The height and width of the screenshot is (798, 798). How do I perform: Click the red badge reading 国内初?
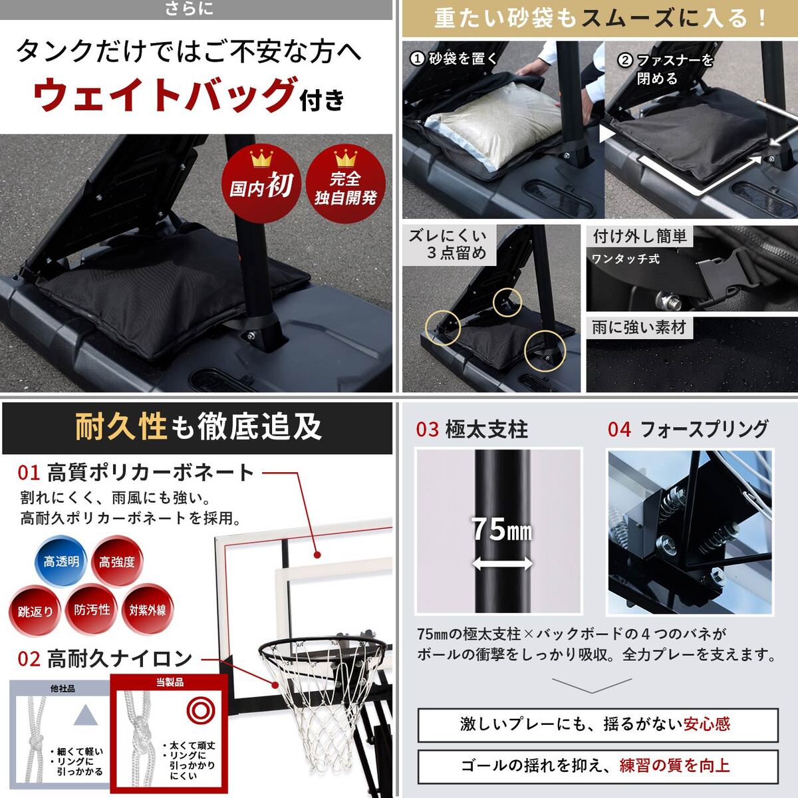(x=261, y=184)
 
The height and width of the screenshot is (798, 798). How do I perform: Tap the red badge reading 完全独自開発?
(x=345, y=184)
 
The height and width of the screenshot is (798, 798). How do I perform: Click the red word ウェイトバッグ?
(x=164, y=94)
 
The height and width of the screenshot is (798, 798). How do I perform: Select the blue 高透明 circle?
(x=61, y=561)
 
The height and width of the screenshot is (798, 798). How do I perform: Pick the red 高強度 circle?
(x=117, y=561)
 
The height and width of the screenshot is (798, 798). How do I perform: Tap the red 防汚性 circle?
(x=92, y=610)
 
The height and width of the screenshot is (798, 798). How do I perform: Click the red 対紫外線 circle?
(x=148, y=610)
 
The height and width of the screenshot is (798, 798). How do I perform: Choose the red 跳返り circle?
(x=36, y=611)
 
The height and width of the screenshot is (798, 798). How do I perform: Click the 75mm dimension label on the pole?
(x=501, y=529)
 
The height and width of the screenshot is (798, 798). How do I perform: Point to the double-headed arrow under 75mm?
(x=502, y=563)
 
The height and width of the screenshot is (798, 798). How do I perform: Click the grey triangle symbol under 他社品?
(x=85, y=714)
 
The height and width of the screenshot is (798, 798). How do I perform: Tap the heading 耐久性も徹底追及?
(x=198, y=427)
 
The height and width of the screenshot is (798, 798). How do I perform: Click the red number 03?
(x=427, y=430)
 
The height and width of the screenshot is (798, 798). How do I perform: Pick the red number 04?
(x=619, y=430)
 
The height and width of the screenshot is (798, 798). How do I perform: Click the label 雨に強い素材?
(x=639, y=328)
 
